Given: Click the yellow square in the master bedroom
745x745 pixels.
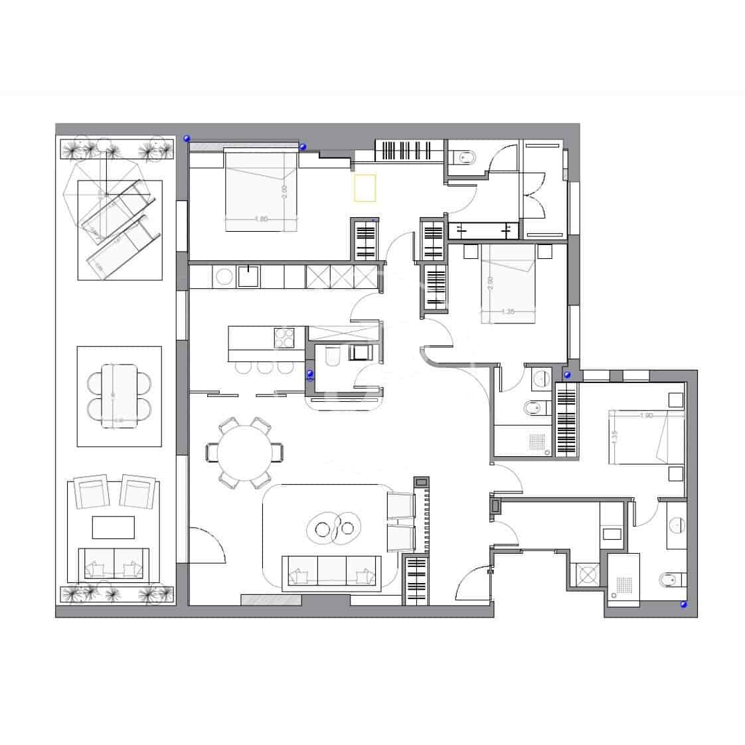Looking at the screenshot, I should click(x=366, y=188).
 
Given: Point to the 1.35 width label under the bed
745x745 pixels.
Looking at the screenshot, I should click(x=508, y=311).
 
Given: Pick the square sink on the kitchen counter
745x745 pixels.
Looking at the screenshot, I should click(x=248, y=276).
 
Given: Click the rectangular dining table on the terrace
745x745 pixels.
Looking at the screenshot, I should click(x=120, y=396).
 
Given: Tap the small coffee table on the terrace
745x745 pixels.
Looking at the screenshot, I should click(x=113, y=527).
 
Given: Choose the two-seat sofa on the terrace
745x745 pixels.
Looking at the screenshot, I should click(x=114, y=564).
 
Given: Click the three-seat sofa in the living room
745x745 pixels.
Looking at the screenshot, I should click(x=331, y=572).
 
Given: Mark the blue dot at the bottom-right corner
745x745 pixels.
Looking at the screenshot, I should click(x=683, y=605).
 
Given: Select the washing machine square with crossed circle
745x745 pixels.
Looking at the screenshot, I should click(x=586, y=573).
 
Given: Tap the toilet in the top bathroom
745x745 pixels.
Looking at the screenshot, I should click(x=466, y=157).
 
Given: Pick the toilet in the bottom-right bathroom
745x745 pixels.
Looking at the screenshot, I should click(x=671, y=579).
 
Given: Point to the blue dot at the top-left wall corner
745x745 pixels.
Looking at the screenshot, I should click(x=187, y=138).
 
